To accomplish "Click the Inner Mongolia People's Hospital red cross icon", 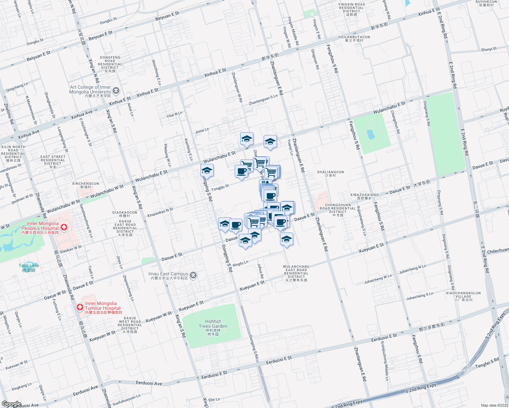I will tap(64, 227).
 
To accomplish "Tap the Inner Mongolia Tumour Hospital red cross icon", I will tap(80, 307).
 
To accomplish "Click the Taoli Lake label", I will tap(29, 268).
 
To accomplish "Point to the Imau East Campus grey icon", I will tap(193, 275).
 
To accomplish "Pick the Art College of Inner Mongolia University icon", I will tap(116, 90).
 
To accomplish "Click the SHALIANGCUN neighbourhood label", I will tap(330, 173).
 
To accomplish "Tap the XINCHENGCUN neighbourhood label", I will tap(86, 185).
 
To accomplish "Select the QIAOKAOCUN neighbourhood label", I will tap(125, 214).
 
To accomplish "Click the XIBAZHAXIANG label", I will tap(364, 196).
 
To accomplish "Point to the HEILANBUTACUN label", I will tap(354, 38).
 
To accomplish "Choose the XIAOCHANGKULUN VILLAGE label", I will tap(463, 296).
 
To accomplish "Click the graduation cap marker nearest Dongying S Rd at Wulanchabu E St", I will tap(207, 170).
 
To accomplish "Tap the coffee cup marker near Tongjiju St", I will tap(241, 171).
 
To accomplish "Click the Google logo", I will tap(11, 404).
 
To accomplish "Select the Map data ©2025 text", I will tap(494, 405).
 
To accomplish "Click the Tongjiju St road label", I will tap(220, 187).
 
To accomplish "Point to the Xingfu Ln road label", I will tap(241, 263).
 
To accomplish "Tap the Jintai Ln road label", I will tap(202, 131).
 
